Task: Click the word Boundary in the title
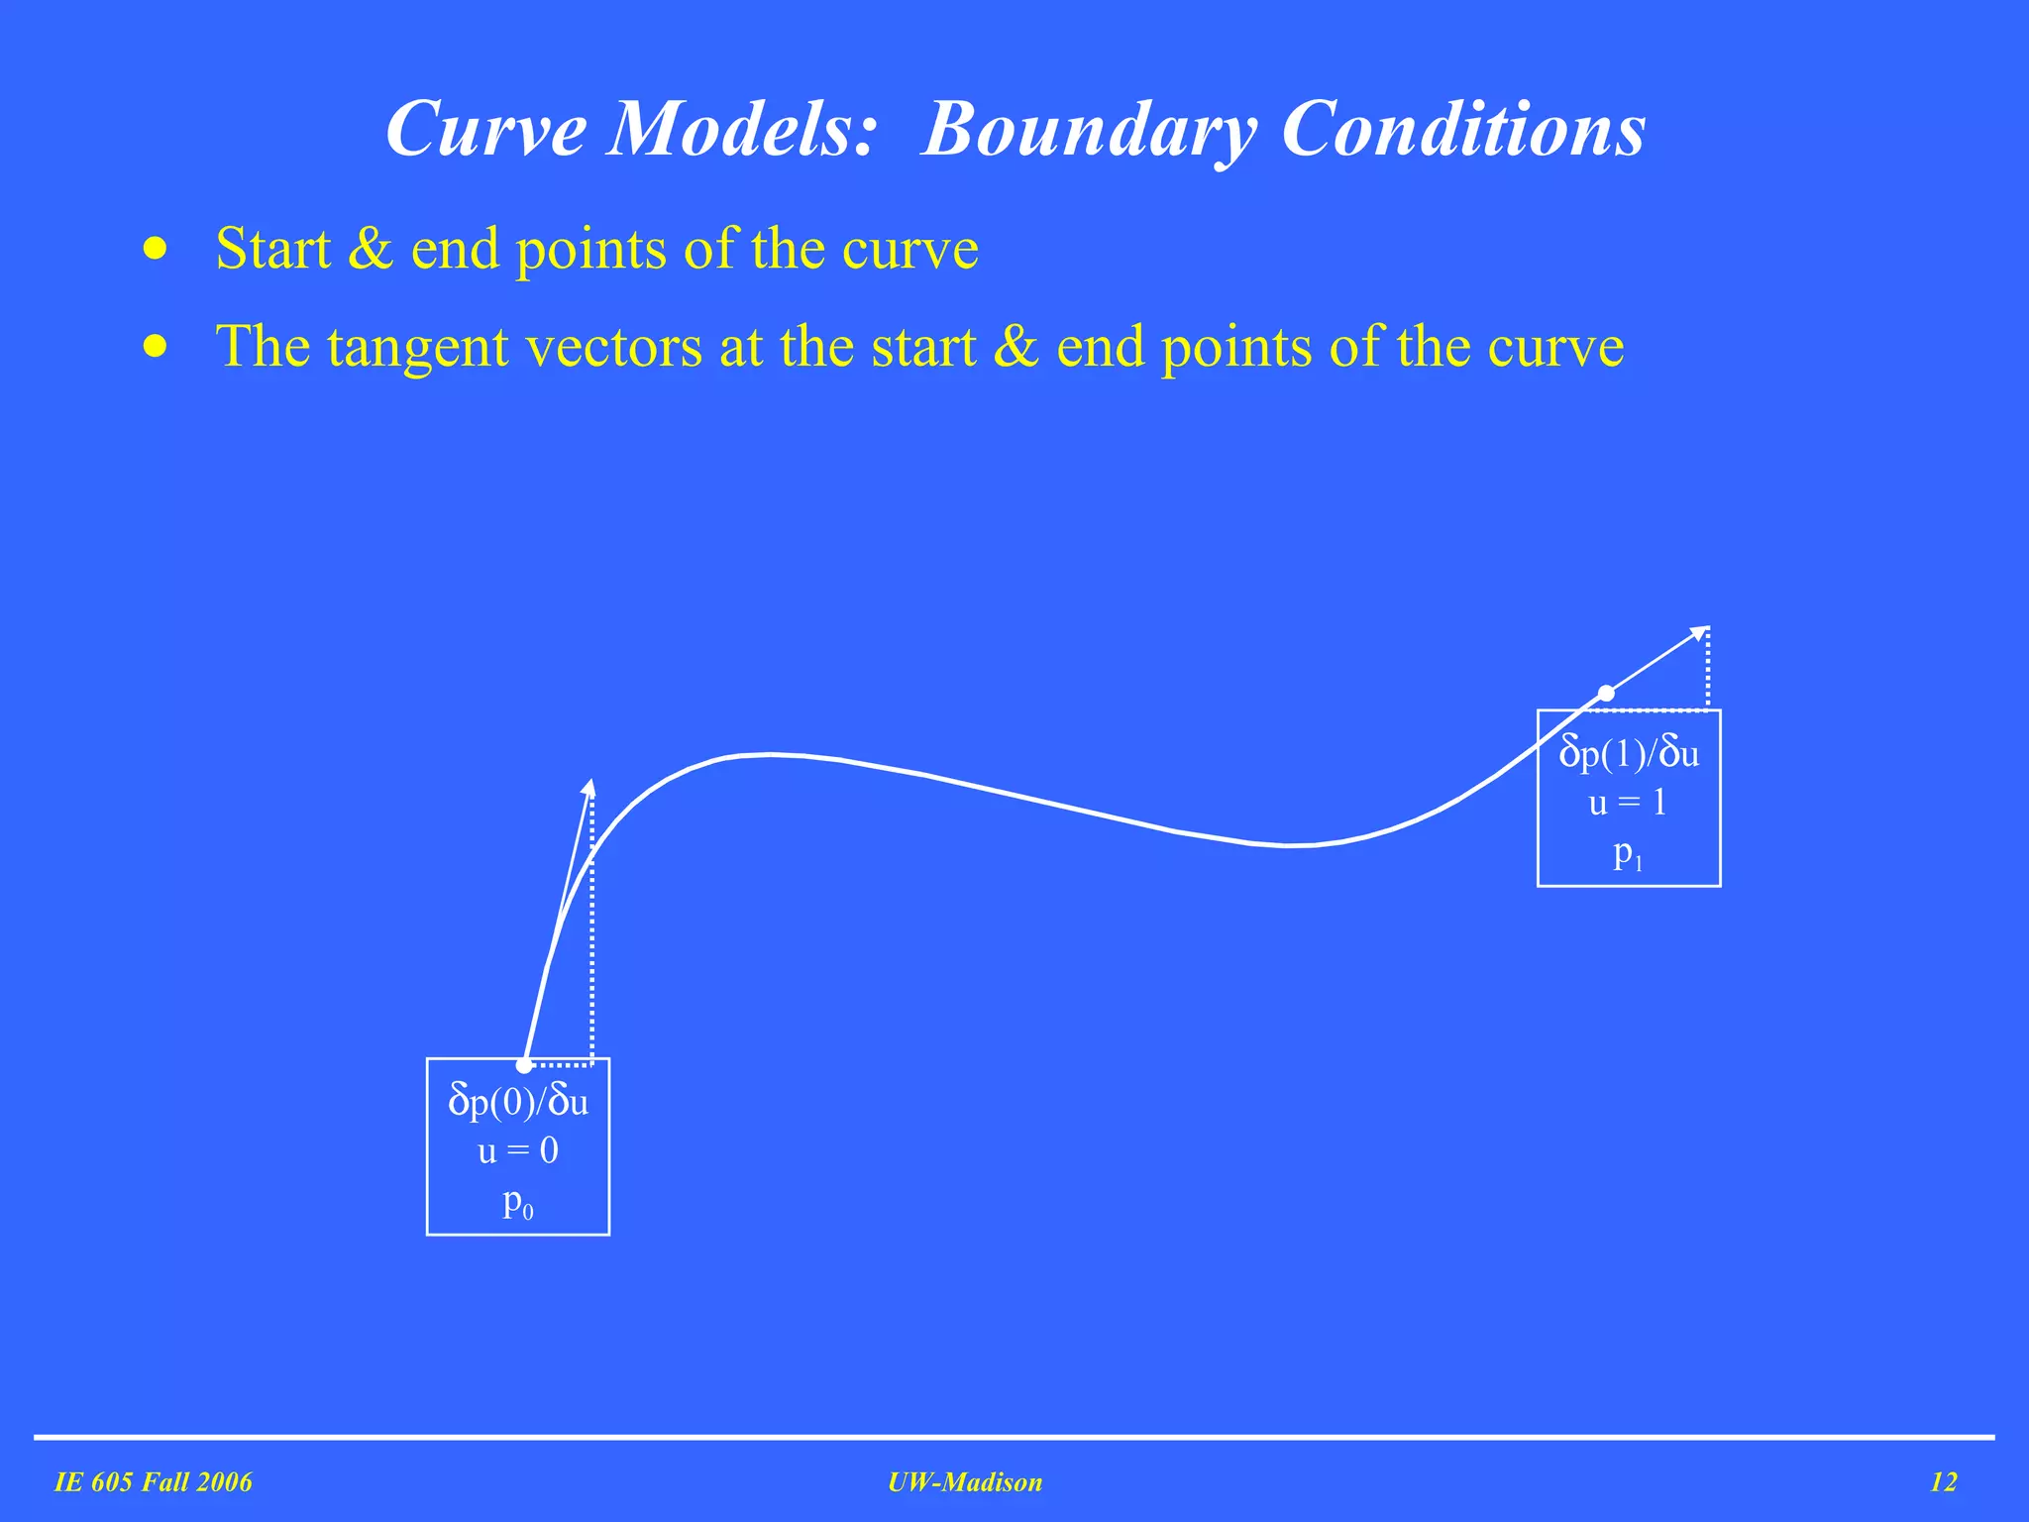coord(1089,130)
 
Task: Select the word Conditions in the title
coord(1463,130)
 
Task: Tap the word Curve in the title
coord(485,130)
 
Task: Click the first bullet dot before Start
coord(155,248)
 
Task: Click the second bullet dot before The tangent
coord(155,347)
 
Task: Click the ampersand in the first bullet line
coord(371,248)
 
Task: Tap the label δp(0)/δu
coord(518,1102)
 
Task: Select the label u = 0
coord(518,1150)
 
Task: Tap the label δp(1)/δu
coord(1629,754)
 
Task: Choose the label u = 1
coord(1629,803)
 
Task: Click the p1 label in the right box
coord(1628,853)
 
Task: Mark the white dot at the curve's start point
coord(524,1065)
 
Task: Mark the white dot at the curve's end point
coord(1606,694)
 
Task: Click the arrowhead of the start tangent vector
coord(589,787)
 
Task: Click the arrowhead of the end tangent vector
coord(1700,632)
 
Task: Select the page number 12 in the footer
coord(1944,1482)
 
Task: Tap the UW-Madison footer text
coord(965,1482)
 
